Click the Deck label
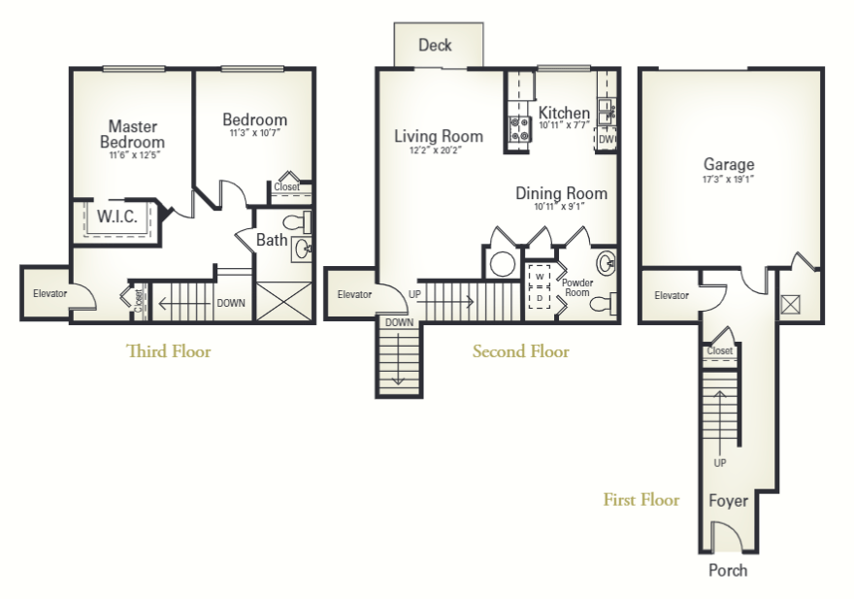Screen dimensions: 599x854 (435, 45)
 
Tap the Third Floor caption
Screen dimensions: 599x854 (168, 351)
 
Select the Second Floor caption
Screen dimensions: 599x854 (520, 351)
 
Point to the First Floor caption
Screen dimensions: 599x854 (640, 500)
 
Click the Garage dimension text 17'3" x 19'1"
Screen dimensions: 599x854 (729, 181)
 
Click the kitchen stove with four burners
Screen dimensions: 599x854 (518, 130)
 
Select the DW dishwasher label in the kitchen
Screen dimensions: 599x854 (607, 140)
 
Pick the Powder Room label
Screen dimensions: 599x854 (577, 286)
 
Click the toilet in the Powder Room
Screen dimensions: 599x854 (602, 304)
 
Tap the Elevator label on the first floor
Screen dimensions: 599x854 (671, 295)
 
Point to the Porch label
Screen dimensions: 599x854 (728, 570)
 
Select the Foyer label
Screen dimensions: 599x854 (727, 502)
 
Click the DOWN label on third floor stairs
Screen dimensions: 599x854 (231, 303)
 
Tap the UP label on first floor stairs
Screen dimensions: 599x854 (720, 463)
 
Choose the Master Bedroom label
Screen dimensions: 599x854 (133, 134)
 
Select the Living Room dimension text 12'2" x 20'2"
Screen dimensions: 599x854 (439, 150)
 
